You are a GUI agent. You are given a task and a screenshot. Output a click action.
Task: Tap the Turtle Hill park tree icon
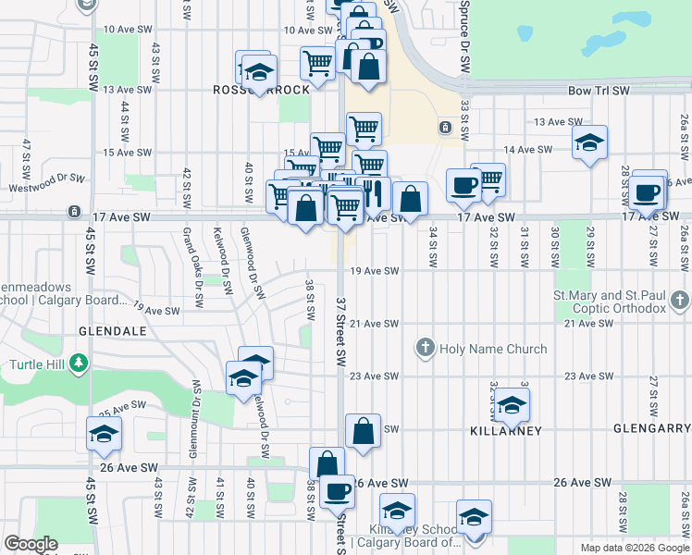(x=79, y=363)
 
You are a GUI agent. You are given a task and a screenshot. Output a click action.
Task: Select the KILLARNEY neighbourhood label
(x=504, y=430)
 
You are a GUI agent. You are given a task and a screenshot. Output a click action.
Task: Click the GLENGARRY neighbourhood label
(x=651, y=429)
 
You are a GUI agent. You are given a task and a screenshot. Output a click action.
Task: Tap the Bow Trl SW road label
(x=599, y=91)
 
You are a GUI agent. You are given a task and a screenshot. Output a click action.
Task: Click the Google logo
(x=31, y=544)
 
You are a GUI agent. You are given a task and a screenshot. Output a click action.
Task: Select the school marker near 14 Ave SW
(x=589, y=143)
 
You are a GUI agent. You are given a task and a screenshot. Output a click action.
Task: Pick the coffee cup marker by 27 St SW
(x=649, y=192)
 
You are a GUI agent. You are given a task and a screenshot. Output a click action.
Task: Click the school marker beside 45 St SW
(x=105, y=433)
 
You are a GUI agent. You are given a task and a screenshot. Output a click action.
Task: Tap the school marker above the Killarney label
(x=512, y=404)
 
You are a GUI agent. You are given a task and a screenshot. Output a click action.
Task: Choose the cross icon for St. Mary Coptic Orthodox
(x=680, y=301)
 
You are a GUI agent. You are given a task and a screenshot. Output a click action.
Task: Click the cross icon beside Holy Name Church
(x=426, y=349)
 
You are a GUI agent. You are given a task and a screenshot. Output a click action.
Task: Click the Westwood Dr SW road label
(x=48, y=181)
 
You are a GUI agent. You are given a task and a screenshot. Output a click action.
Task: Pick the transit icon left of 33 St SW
(x=445, y=126)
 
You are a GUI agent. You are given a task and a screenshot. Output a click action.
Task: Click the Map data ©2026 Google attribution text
(x=634, y=548)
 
